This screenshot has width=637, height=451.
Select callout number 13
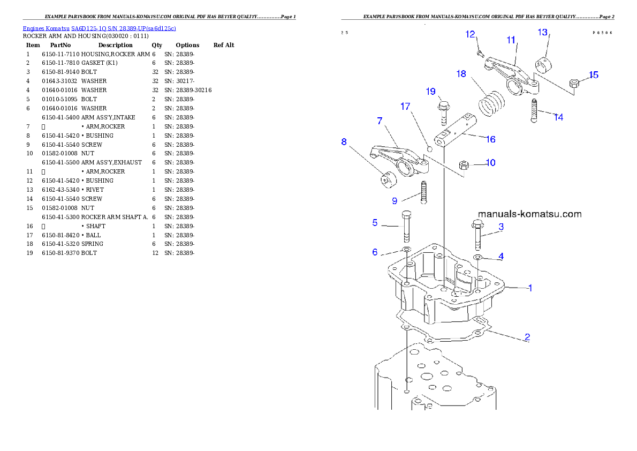coord(542,33)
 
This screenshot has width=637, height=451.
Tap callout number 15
coord(594,75)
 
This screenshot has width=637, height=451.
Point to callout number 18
coord(461,74)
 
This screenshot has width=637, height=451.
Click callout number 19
coord(431,92)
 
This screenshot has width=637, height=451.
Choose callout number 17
coord(405,107)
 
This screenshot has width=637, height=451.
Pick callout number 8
coord(344,142)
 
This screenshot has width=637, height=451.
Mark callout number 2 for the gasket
coord(527,337)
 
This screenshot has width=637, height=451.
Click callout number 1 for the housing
coord(530,288)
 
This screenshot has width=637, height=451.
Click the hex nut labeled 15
coord(574,83)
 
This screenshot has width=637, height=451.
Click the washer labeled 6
coord(406,250)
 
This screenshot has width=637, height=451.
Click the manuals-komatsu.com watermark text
coord(529,214)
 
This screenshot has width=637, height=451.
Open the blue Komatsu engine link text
coord(99,28)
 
